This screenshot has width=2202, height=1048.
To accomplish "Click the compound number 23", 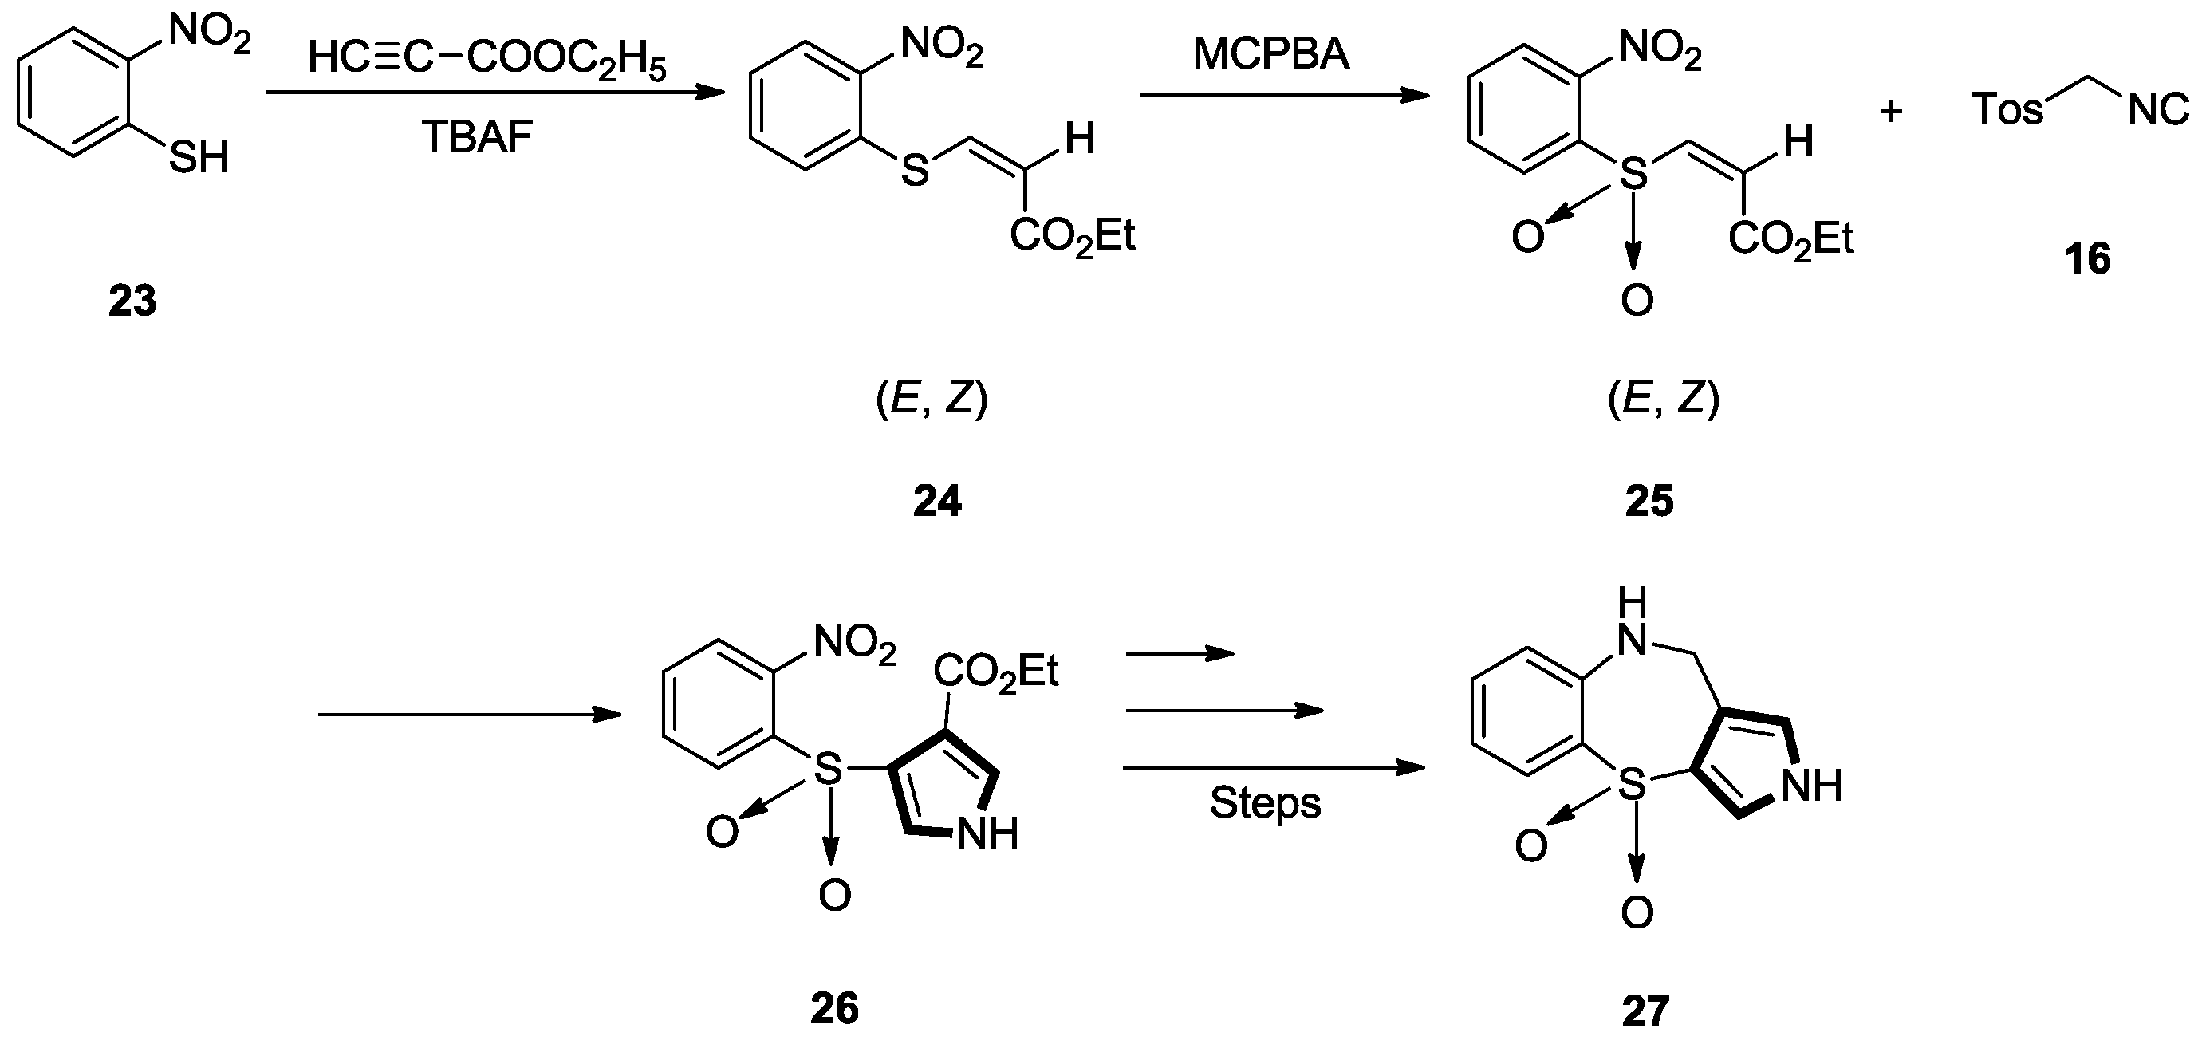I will tap(132, 301).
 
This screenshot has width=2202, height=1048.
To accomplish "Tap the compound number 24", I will tap(937, 501).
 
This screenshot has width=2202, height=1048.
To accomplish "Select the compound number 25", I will tap(1649, 501).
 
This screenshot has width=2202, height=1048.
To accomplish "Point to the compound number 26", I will tap(834, 1009).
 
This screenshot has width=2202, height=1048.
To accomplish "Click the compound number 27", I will tap(1645, 1012).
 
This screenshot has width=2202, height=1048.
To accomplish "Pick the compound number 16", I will tap(2086, 258).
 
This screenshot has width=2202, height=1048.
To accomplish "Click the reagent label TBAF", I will tap(478, 136).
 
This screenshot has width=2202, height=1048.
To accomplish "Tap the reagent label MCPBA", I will tap(1271, 55).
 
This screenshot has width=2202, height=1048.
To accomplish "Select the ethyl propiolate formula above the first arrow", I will tap(486, 61).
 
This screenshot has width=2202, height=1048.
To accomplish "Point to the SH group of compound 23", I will tap(199, 157).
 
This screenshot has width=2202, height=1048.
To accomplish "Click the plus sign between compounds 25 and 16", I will tap(1891, 111).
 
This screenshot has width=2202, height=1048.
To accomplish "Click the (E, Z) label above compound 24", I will tap(932, 400).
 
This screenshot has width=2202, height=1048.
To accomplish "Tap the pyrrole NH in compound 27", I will tap(1811, 786).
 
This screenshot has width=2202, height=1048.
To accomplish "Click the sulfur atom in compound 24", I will tap(915, 171).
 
